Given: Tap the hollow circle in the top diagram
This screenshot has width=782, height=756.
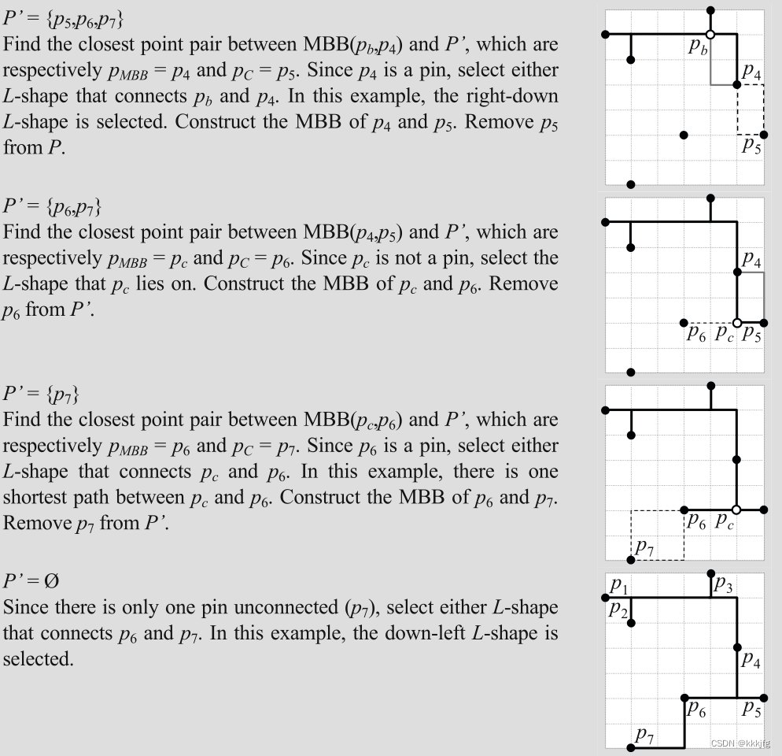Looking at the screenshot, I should (710, 35).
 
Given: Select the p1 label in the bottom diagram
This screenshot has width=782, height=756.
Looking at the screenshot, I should (618, 585).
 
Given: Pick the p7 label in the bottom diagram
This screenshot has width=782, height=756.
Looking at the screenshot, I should (644, 735).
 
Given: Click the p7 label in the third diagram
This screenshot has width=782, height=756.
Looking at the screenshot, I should (644, 546).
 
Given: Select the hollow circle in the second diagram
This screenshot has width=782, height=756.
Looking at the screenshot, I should (737, 323).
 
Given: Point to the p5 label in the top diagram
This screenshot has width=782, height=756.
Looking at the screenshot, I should (751, 146).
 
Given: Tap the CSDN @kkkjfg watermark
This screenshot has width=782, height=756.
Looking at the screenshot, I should (739, 743).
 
